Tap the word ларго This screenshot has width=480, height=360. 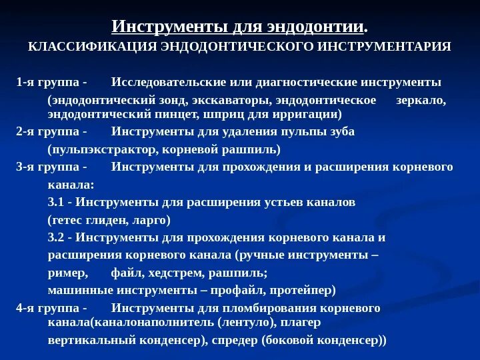(x=151, y=219)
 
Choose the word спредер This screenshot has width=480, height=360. (x=233, y=339)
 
